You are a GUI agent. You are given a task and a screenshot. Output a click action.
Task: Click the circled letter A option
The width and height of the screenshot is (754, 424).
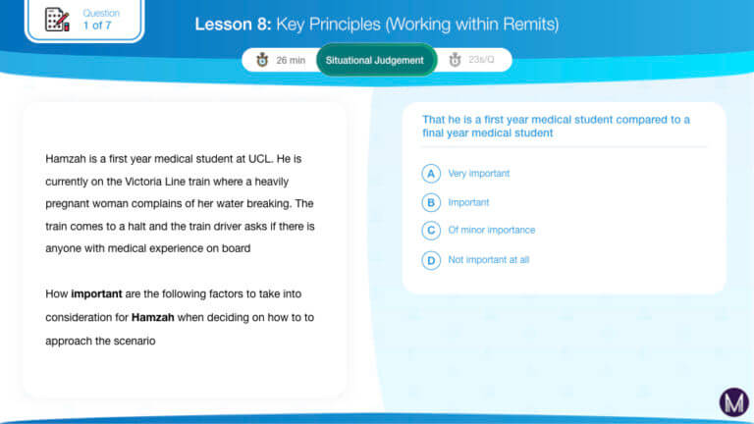431,174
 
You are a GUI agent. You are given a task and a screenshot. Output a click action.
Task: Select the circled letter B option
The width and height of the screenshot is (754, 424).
431,202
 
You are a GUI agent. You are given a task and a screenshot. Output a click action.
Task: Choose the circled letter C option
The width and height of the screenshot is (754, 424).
431,231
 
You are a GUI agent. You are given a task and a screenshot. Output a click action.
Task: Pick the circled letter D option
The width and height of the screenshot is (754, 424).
431,260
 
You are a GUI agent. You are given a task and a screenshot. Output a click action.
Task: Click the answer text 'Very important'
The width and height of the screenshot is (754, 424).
478,174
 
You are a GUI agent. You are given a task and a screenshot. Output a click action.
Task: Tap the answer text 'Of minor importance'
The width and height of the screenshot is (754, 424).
492,231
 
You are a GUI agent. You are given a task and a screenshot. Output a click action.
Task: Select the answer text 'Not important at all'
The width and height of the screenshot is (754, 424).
489,260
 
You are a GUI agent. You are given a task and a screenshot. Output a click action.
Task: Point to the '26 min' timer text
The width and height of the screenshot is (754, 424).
291,60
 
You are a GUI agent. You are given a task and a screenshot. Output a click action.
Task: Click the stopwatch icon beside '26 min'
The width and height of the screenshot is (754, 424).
262,60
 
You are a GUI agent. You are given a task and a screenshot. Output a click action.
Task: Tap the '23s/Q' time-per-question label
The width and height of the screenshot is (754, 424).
481,60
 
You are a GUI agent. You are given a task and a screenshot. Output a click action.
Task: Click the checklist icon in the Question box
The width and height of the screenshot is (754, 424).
57,20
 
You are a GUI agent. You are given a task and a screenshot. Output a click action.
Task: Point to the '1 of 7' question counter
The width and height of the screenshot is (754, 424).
97,26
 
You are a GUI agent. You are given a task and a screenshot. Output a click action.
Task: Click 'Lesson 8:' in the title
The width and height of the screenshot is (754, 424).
234,24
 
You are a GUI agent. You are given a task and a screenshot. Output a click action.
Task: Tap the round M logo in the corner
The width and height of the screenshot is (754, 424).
733,402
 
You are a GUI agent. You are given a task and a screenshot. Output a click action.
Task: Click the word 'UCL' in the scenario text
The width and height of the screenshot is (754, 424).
259,159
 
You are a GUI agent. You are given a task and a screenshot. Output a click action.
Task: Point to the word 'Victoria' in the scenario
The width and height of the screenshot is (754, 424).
143,182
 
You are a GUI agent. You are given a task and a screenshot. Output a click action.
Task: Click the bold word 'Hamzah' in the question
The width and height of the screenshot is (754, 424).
153,318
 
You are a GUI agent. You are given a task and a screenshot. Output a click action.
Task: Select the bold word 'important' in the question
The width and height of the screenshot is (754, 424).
96,294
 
